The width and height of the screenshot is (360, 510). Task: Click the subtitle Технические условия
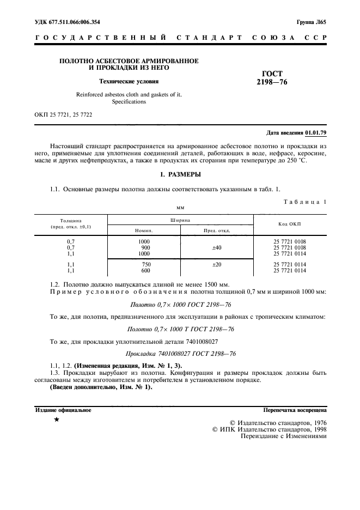[129, 82]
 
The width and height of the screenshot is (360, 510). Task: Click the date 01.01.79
[315, 133]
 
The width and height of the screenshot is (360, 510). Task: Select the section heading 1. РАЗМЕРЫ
[180, 174]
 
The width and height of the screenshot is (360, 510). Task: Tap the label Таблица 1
[305, 202]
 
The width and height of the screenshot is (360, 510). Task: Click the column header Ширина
[180, 219]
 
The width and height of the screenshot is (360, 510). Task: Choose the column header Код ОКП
[289, 224]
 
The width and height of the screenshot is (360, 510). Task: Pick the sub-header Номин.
[144, 230]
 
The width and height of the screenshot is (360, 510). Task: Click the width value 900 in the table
[145, 247]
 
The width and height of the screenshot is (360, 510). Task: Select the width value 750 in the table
[145, 264]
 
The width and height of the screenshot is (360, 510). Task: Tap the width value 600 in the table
[145, 270]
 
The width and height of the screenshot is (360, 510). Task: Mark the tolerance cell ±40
[216, 247]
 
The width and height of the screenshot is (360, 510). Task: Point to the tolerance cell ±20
[216, 264]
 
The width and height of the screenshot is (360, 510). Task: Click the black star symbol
[56, 421]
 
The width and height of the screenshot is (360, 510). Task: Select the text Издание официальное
[63, 410]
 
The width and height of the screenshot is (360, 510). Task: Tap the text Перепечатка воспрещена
[295, 410]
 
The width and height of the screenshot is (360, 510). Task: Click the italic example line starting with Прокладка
[180, 354]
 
